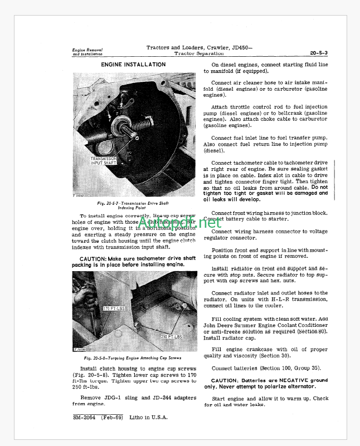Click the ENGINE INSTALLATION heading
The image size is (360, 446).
(x=133, y=65)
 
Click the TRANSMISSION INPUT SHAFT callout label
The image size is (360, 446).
(x=104, y=161)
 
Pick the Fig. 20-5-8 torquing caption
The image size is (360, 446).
(x=133, y=358)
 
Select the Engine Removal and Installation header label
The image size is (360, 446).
(x=88, y=52)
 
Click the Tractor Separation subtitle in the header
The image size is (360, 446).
(x=199, y=53)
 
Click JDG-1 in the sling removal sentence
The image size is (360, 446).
(x=114, y=398)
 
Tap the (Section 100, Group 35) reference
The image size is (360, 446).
(x=284, y=368)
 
